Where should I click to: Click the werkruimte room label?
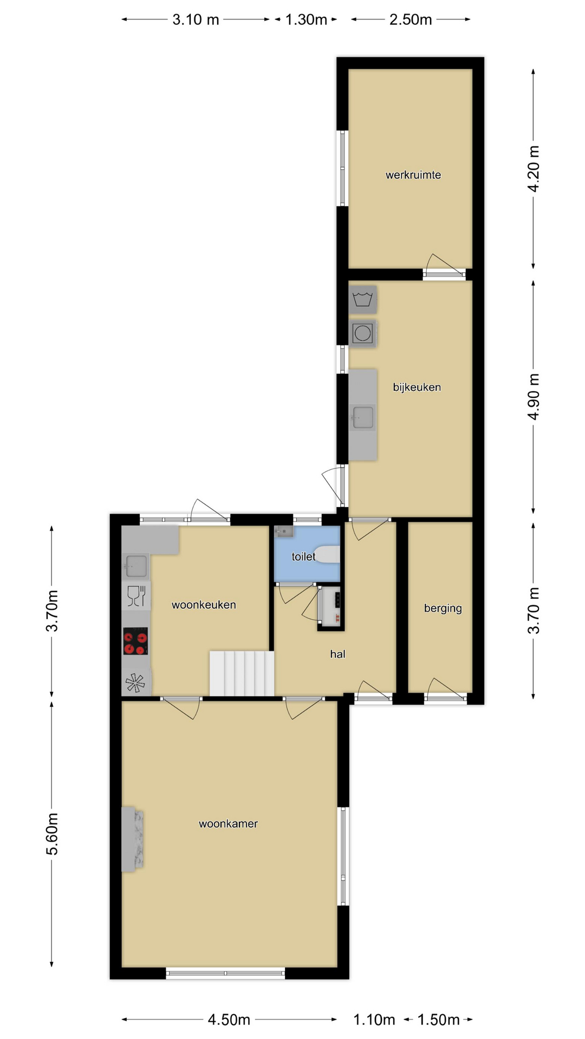click(413, 175)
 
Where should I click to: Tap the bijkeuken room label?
click(417, 387)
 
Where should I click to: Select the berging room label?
click(443, 608)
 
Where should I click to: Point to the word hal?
click(337, 654)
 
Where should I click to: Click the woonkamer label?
click(228, 824)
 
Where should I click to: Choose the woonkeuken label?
click(204, 605)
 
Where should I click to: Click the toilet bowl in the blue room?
click(327, 555)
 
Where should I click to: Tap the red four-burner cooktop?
click(135, 641)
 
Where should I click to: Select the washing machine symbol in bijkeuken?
click(362, 299)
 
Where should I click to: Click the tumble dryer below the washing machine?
click(362, 333)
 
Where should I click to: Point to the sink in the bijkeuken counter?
click(362, 417)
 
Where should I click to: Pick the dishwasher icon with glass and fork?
click(136, 595)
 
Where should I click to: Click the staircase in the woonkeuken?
click(242, 673)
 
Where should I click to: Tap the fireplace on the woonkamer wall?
click(132, 839)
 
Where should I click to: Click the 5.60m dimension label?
click(52, 834)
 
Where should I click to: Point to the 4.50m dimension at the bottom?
click(229, 1020)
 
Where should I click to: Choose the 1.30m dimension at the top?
click(306, 19)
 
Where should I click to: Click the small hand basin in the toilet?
click(284, 531)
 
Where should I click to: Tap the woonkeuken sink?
click(135, 566)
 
